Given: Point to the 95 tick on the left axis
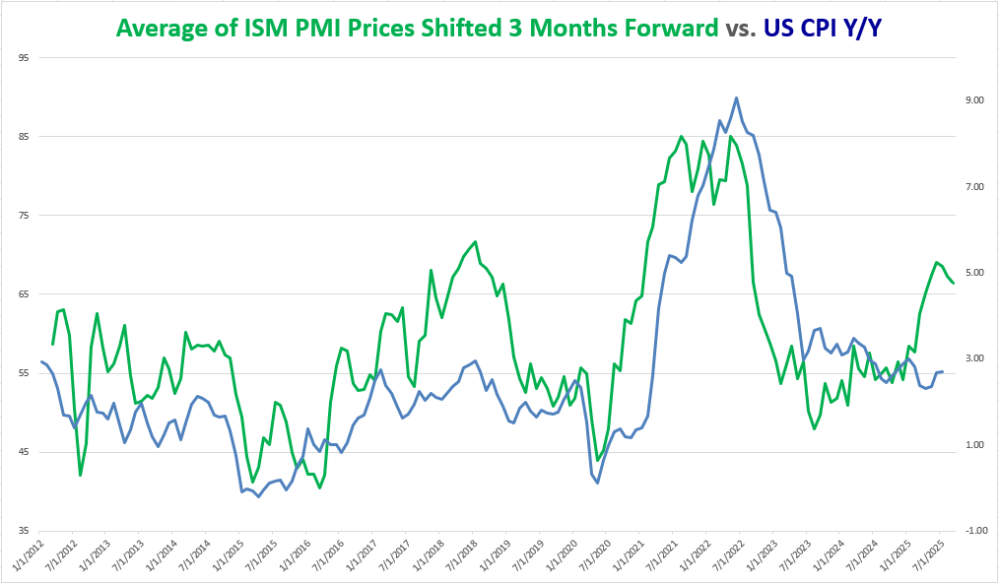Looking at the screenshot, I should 22,57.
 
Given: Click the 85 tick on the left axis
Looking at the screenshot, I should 22,136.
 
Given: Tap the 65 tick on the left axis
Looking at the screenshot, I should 22,294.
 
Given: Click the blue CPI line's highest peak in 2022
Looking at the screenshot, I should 736,97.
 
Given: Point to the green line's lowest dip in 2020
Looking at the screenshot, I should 597,460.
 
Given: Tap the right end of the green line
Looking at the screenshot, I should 953,284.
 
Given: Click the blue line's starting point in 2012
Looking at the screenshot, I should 40,361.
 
